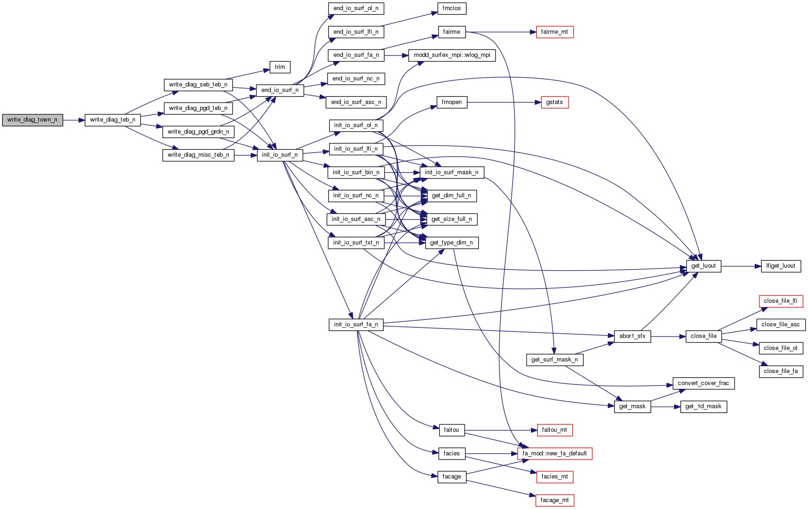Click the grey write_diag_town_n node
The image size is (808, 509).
click(x=32, y=120)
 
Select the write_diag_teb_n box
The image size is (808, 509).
click(x=112, y=120)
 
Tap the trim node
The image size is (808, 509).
click(x=280, y=67)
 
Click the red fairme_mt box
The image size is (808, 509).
click(x=554, y=32)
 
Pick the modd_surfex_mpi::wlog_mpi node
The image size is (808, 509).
click(x=452, y=55)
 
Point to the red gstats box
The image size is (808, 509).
click(x=554, y=102)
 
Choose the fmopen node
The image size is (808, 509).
click(x=452, y=102)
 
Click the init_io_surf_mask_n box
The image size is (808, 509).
click(x=452, y=172)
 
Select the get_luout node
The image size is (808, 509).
click(x=703, y=266)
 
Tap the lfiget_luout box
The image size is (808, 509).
click(x=780, y=266)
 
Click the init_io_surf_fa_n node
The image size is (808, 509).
click(x=356, y=325)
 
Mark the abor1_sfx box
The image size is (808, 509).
click(x=632, y=336)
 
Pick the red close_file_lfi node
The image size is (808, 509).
click(x=780, y=301)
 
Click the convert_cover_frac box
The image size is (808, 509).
click(x=703, y=383)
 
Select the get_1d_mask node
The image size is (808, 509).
click(x=703, y=407)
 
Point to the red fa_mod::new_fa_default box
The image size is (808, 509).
click(x=554, y=454)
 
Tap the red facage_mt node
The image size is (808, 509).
click(x=554, y=500)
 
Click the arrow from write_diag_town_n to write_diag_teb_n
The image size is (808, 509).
click(x=74, y=120)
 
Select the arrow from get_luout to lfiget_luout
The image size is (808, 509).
click(x=741, y=266)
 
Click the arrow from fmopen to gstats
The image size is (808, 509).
click(x=504, y=102)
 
